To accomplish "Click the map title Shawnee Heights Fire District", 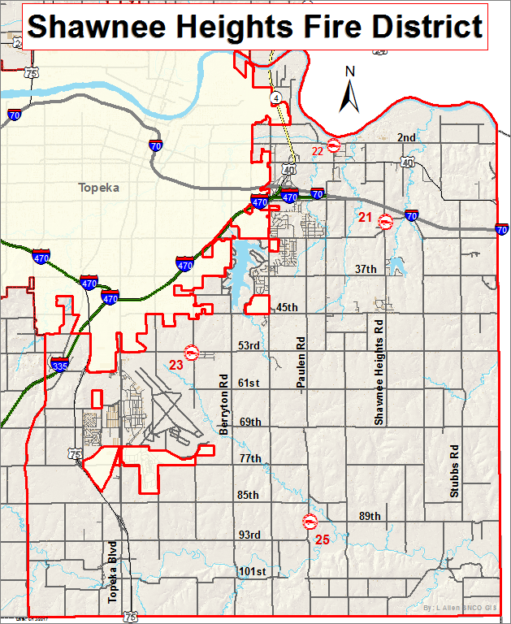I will (x=255, y=27).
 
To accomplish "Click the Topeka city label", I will (x=98, y=188).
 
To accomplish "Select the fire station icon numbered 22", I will (x=333, y=149).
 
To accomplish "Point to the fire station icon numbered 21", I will (x=387, y=221).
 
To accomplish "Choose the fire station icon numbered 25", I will (x=310, y=522).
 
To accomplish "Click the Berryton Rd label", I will (x=223, y=405).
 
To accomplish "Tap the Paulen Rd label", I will (x=300, y=366).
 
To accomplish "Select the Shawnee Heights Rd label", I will (x=378, y=371).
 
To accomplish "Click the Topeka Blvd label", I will (x=113, y=572).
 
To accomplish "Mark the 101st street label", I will (x=253, y=571).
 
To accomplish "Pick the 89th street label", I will (x=370, y=517).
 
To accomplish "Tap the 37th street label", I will (x=366, y=269).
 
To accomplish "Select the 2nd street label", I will (x=406, y=137).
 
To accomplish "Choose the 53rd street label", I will (x=249, y=346).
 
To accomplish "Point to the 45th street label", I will (x=287, y=307).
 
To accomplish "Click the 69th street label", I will (x=250, y=422).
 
